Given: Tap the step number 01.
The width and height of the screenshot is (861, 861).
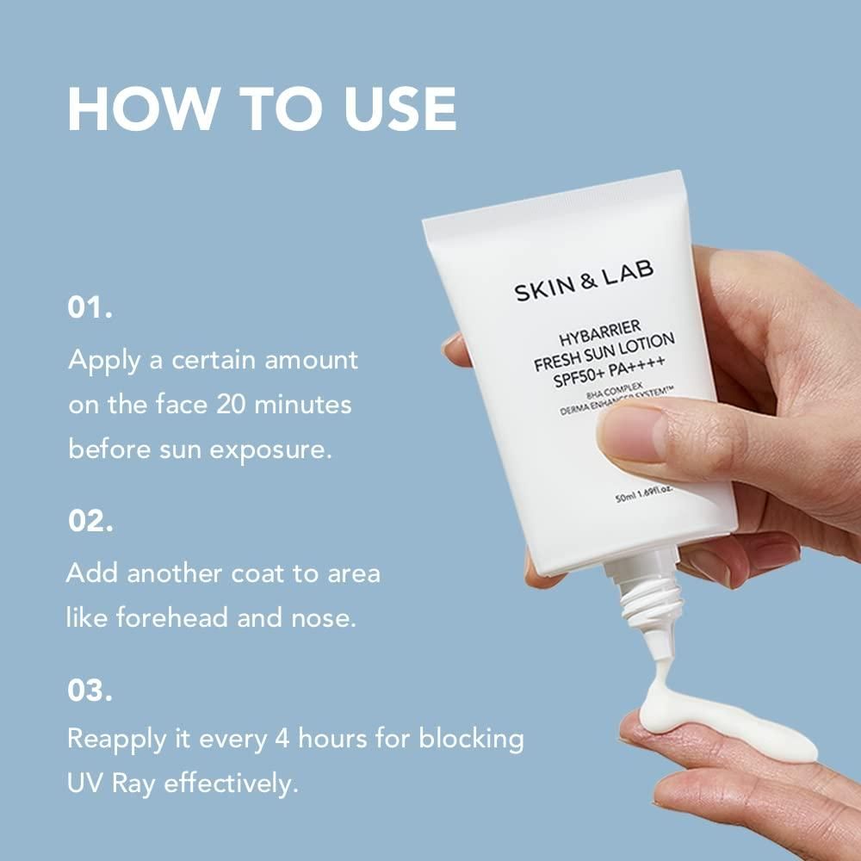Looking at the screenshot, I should [x=90, y=308].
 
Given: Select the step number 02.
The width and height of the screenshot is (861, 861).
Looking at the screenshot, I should [x=90, y=522].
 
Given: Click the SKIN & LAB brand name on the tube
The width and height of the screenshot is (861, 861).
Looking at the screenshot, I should [x=584, y=281].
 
